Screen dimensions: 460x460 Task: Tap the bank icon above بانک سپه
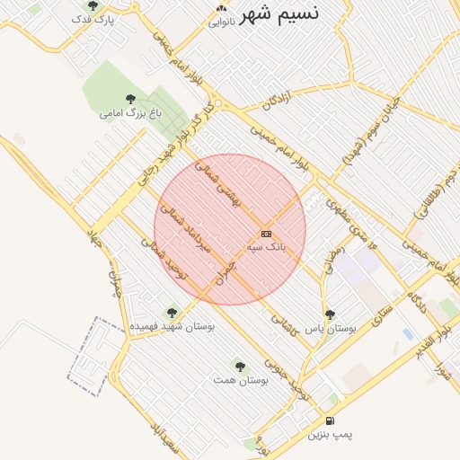coord(265,234)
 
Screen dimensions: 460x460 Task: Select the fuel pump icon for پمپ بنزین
coord(331,420)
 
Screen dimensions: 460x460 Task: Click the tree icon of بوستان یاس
coord(330,314)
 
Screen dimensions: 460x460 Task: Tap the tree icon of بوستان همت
coord(238,365)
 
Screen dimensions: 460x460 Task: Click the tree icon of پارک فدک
coord(93,6)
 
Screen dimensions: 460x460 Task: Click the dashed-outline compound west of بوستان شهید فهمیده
coord(93,354)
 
